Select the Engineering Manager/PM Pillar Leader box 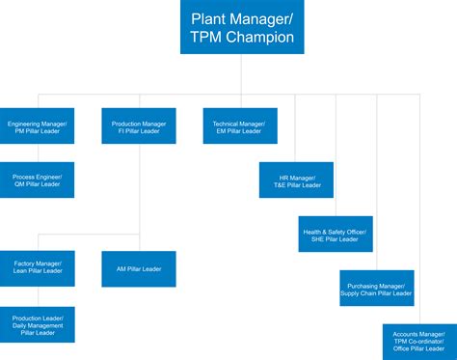click(x=38, y=126)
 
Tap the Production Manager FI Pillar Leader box click(x=139, y=126)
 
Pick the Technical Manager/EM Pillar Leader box click(x=239, y=126)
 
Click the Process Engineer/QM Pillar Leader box click(x=38, y=180)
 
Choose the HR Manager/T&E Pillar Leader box click(x=295, y=180)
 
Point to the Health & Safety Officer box click(x=335, y=234)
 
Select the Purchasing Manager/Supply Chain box click(x=376, y=288)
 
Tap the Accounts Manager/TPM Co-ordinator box click(x=419, y=340)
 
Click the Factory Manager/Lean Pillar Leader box click(x=38, y=268)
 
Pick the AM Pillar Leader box click(x=139, y=268)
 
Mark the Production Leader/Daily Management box click(x=38, y=323)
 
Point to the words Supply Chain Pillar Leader click(x=376, y=292)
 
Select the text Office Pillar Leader click(x=419, y=349)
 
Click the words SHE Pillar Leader click(x=335, y=238)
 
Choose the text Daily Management click(x=38, y=324)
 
